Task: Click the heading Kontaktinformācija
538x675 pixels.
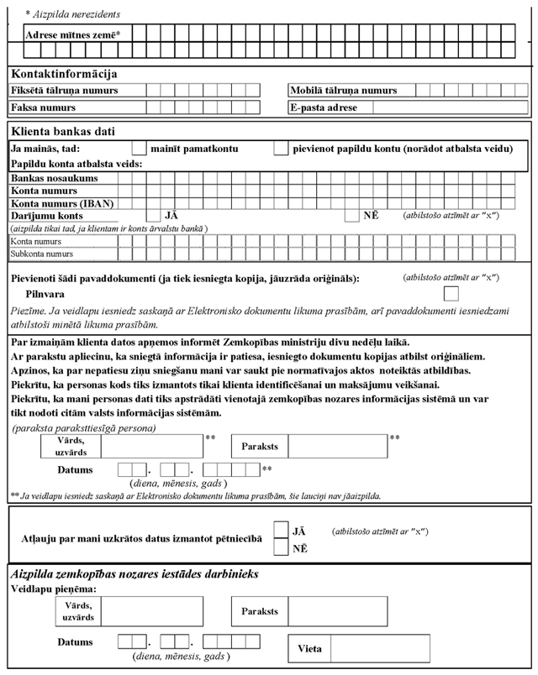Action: tap(64, 76)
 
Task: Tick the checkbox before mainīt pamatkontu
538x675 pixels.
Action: tap(140, 149)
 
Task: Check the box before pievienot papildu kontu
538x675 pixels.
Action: tap(282, 149)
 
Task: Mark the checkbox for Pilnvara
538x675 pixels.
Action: tap(451, 293)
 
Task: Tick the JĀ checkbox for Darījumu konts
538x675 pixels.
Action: tap(154, 216)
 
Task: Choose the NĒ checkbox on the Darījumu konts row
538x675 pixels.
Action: tap(351, 216)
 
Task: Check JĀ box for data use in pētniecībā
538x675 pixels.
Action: tap(282, 532)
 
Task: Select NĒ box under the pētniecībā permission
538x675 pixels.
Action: tap(282, 548)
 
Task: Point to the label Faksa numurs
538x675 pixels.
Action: tap(43, 107)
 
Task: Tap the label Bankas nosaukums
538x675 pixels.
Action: tap(55, 179)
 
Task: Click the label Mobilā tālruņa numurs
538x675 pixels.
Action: tap(344, 91)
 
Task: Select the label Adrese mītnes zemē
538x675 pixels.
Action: tap(73, 34)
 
